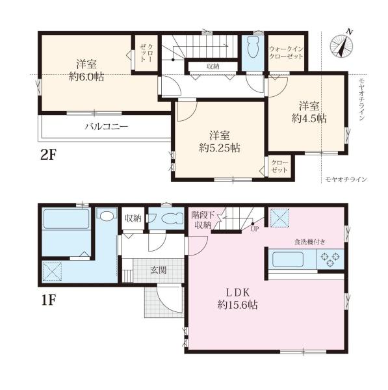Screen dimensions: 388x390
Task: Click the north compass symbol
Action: [x=341, y=45]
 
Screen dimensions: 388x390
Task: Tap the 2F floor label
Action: [x=49, y=155]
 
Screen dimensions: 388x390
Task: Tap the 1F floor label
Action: [x=48, y=300]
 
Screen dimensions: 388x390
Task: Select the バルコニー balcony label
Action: [x=107, y=127]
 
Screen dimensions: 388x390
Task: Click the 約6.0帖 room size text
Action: [x=86, y=77]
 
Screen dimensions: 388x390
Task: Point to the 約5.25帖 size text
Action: [x=220, y=148]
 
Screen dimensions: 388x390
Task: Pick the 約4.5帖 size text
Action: [x=309, y=118]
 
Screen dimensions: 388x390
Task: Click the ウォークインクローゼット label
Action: [x=286, y=53]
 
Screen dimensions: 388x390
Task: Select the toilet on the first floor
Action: [x=172, y=219]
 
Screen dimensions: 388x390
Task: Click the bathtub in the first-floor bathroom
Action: [x=66, y=219]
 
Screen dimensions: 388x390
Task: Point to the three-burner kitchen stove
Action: [x=330, y=259]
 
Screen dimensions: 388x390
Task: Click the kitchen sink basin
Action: [x=288, y=259]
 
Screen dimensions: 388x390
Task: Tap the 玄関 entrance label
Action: [x=159, y=270]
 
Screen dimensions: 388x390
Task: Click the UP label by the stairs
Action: [x=254, y=229]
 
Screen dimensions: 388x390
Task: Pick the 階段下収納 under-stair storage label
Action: [x=203, y=220]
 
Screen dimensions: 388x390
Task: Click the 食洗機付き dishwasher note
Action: [x=310, y=242]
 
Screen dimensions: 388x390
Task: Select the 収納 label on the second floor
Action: [x=213, y=66]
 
